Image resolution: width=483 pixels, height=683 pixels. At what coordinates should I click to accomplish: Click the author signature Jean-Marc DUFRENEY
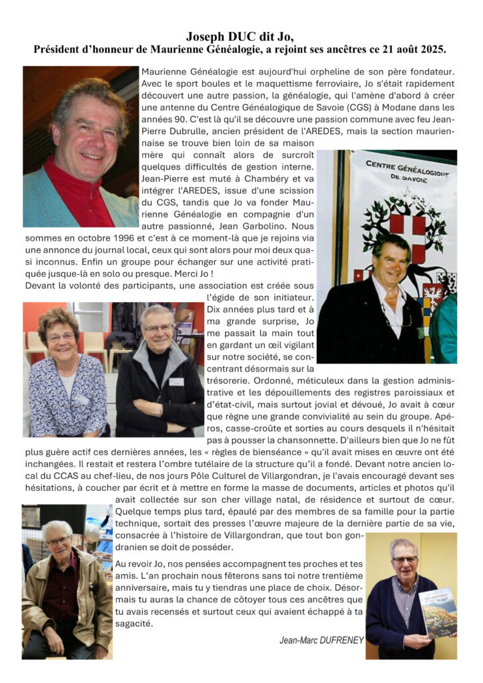322,640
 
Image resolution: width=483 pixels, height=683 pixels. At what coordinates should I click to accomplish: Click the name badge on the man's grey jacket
176,382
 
